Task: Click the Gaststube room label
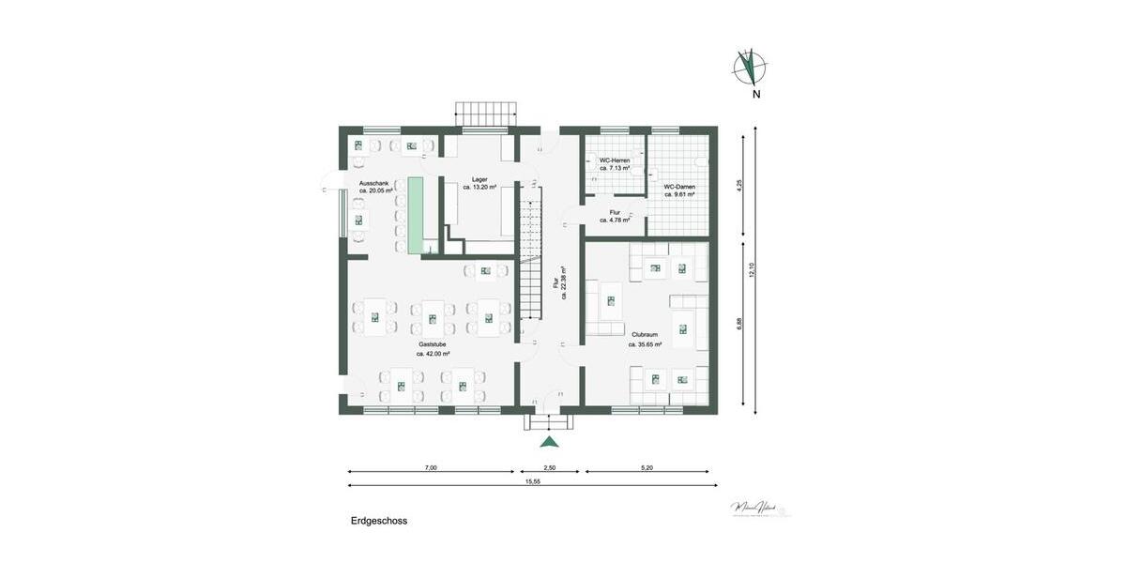click(434, 344)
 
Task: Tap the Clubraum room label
click(645, 334)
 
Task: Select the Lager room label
click(479, 178)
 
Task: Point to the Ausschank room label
click(375, 183)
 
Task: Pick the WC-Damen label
click(679, 187)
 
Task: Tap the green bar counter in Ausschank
click(414, 214)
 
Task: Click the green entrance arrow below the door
click(550, 442)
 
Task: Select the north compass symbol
click(750, 67)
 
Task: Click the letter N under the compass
click(755, 94)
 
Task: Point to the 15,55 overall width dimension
click(532, 481)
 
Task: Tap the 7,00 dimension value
click(431, 466)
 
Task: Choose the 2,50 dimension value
click(550, 466)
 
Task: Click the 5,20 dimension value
click(647, 466)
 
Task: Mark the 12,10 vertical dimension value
click(752, 270)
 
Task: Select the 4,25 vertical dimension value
click(739, 185)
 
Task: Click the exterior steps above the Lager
click(486, 114)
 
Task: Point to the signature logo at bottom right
click(759, 508)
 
